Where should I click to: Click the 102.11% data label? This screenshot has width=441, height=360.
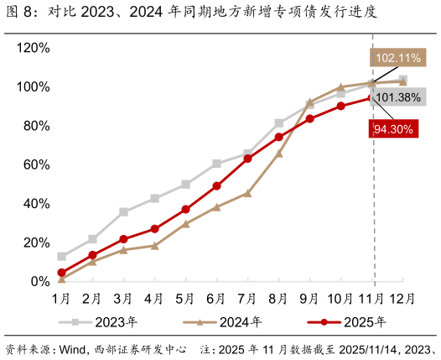coord(397,58)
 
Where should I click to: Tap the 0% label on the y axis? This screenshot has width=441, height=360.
coord(39,282)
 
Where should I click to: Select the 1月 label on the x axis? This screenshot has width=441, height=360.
coord(61,298)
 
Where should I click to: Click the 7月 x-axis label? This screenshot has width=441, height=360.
coord(247,298)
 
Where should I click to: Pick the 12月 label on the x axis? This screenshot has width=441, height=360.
coord(402,298)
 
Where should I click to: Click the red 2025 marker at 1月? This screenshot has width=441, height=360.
coord(61,273)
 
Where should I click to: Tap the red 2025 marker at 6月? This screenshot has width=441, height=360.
coord(216,186)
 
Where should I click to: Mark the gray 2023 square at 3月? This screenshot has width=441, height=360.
coord(123,212)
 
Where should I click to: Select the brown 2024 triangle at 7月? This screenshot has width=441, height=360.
coord(247,193)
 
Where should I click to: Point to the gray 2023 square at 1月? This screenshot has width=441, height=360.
coord(61,257)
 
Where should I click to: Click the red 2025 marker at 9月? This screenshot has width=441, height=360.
coord(309,119)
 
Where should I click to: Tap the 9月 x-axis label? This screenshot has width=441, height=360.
coord(309,298)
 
